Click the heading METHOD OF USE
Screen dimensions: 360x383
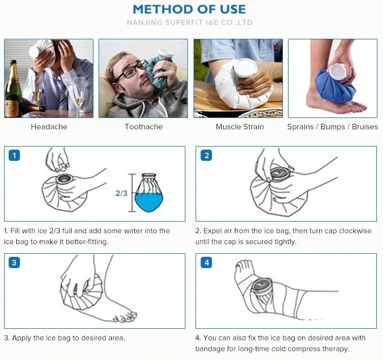click(189, 9)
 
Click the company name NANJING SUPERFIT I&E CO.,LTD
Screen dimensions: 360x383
click(189, 22)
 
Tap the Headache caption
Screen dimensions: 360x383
click(49, 127)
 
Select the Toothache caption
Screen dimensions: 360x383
click(143, 127)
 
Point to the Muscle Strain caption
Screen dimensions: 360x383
click(240, 127)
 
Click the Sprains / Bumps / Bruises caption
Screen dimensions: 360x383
click(332, 127)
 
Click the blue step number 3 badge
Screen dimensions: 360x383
click(15, 263)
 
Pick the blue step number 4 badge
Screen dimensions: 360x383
click(206, 263)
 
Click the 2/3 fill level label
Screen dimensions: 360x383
click(121, 194)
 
